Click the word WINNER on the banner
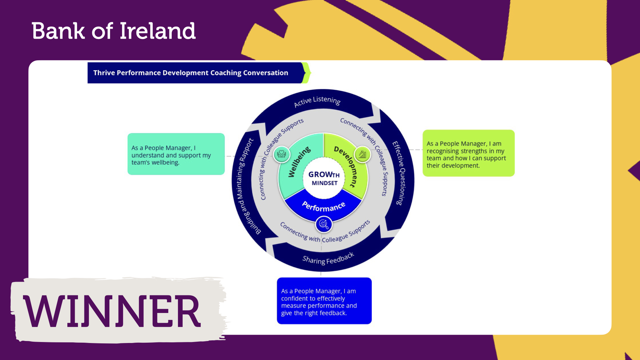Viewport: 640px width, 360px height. [x=112, y=311]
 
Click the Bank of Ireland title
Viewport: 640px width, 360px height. [x=113, y=31]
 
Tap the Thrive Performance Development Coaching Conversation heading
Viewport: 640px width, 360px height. [x=191, y=73]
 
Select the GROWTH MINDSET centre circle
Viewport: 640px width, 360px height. [x=324, y=178]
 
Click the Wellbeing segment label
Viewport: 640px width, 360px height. [x=299, y=162]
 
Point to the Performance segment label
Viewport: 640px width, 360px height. [x=323, y=206]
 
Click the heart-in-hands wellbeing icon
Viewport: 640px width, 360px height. [x=282, y=154]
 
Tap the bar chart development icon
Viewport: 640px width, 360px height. [x=362, y=154]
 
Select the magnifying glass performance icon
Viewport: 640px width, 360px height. [x=323, y=224]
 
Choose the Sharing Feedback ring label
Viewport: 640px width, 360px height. [x=328, y=259]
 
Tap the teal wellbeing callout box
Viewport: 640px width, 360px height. [x=176, y=154]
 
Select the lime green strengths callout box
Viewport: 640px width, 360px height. [x=469, y=153]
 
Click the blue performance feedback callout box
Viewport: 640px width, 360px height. [x=324, y=301]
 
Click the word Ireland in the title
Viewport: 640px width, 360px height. [x=157, y=31]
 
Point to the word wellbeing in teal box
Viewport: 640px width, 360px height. [x=165, y=163]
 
